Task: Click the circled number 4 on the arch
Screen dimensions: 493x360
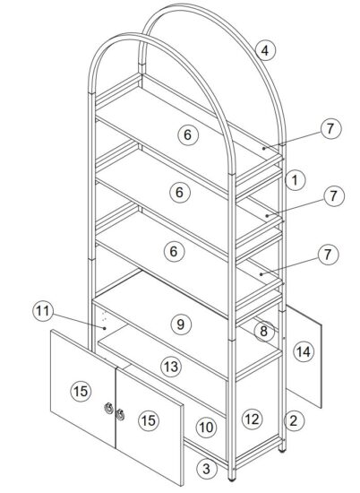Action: point(264,50)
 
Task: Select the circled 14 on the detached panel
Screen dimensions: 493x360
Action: point(303,352)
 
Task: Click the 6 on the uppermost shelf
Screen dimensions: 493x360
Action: point(185,135)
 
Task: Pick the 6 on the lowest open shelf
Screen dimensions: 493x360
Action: point(176,251)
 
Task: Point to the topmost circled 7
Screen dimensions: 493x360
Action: point(330,128)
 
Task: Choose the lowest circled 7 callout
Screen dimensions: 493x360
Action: point(330,255)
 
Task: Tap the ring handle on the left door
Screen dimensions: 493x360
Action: point(108,410)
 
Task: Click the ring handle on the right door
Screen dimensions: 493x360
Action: point(120,414)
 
